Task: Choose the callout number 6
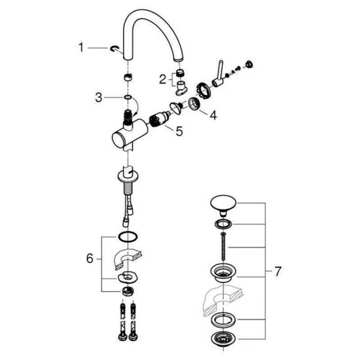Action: pos(90,259)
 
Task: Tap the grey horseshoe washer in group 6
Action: pos(126,259)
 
